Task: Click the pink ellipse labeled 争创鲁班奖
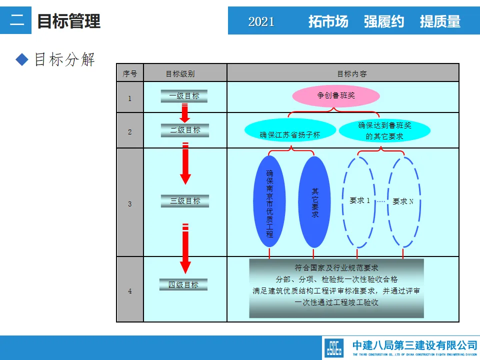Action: tap(335, 96)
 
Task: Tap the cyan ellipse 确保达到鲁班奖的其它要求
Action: tap(384, 130)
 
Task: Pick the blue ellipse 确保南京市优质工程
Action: tap(269, 201)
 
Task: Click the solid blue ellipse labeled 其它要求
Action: tap(314, 202)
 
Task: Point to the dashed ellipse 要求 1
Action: tap(358, 201)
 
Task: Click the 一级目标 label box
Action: tap(184, 96)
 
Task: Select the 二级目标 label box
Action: tap(184, 130)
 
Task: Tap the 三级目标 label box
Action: tap(185, 201)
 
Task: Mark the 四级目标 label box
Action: tap(183, 285)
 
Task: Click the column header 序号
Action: tap(130, 73)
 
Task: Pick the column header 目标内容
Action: tap(351, 73)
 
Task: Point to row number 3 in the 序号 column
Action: tap(130, 204)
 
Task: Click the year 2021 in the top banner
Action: tap(261, 21)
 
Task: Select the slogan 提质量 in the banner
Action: tap(440, 21)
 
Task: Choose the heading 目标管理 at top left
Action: tap(69, 21)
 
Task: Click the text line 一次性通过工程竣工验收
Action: tap(336, 302)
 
